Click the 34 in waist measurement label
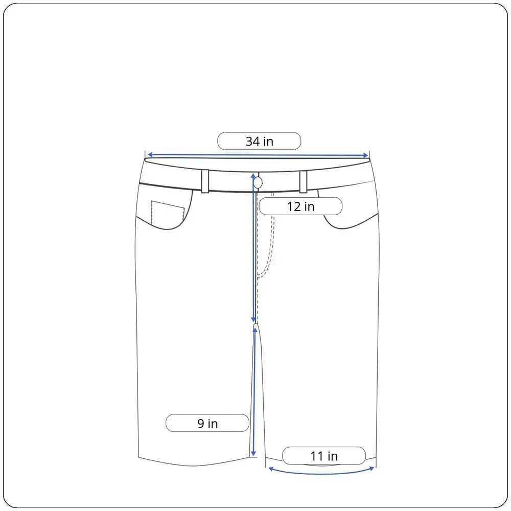(259, 141)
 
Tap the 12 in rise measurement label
(300, 206)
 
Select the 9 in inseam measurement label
(207, 423)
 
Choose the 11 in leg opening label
(324, 456)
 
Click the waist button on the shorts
(258, 183)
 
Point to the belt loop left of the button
(205, 181)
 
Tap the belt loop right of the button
(303, 182)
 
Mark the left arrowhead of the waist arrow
(150, 155)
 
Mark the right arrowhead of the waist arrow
(366, 155)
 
